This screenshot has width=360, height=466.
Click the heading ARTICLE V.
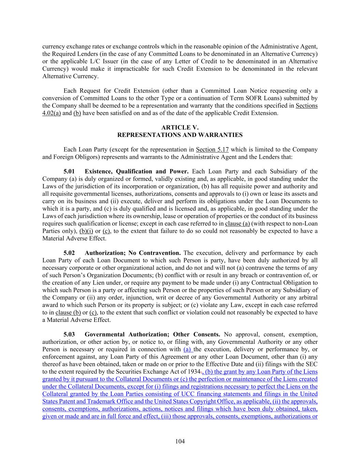pyautogui.click(x=180, y=128)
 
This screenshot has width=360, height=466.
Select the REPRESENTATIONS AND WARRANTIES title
pyautogui.click(x=180, y=135)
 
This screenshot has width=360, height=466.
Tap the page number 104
pyautogui.click(x=180, y=441)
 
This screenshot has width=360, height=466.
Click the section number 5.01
pyautogui.click(x=69, y=172)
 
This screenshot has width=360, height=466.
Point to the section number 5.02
pyautogui.click(x=69, y=253)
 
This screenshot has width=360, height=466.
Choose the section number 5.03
pyautogui.click(x=69, y=335)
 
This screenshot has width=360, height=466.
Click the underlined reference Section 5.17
pyautogui.click(x=212, y=150)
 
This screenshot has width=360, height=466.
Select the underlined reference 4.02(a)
pyautogui.click(x=52, y=113)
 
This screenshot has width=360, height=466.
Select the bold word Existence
pyautogui.click(x=99, y=172)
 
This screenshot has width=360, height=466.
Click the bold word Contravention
pyautogui.click(x=159, y=253)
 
